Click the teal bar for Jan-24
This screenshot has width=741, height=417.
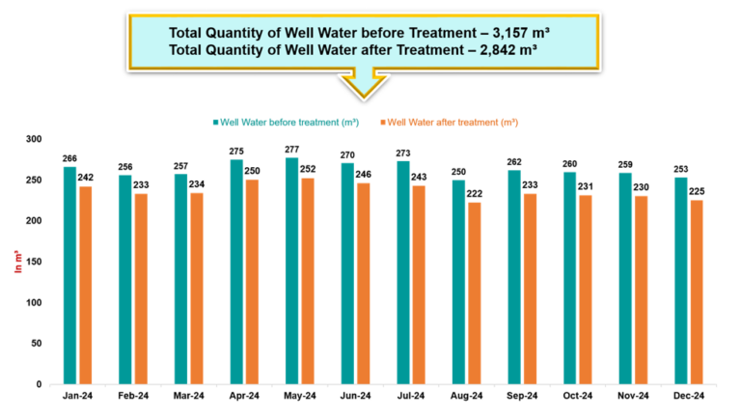pos(69,275)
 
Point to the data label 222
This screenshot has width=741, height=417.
pos(474,194)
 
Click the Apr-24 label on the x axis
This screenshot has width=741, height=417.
pos(244,397)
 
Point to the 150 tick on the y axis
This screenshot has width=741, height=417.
pos(34,262)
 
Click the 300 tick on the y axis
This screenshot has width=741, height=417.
pos(34,139)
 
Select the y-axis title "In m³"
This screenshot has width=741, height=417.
pos(16,261)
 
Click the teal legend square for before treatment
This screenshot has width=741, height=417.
pos(215,123)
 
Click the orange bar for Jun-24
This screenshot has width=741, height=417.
pos(364,283)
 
